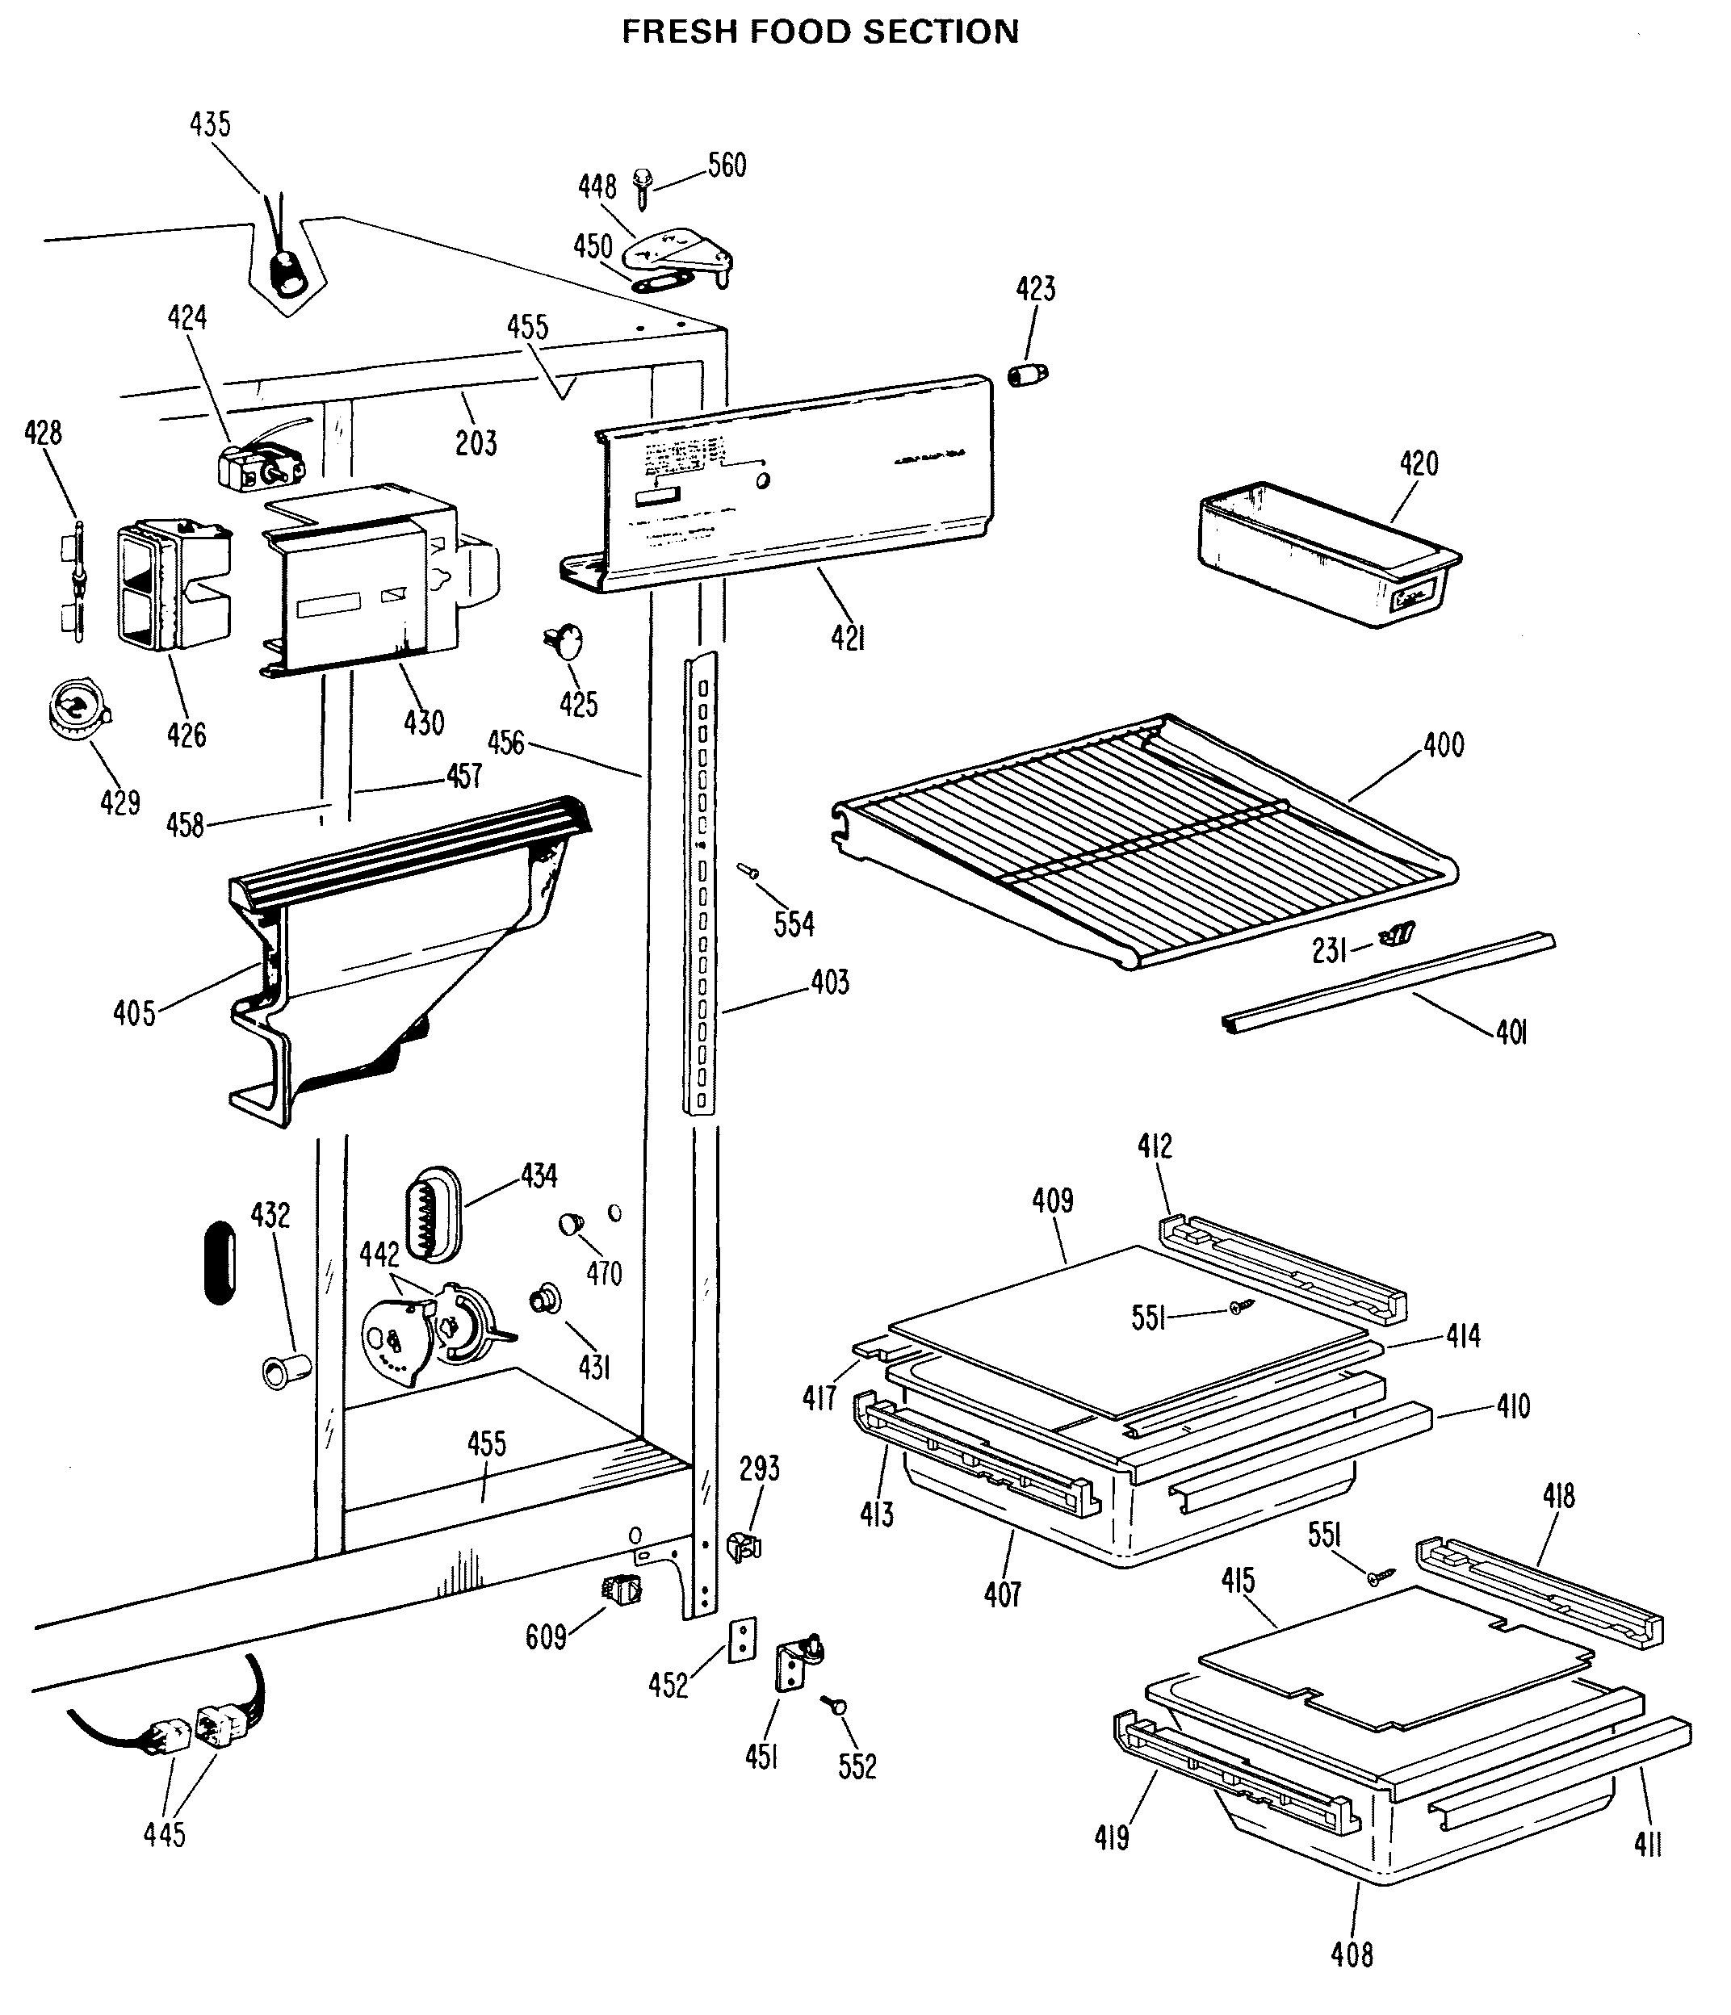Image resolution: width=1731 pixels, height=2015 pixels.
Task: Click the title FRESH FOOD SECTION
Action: (x=819, y=33)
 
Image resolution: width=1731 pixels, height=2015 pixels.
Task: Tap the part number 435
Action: (x=210, y=124)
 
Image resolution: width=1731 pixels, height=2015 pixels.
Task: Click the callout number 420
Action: (x=1419, y=464)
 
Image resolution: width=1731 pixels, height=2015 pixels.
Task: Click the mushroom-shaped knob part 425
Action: (x=565, y=641)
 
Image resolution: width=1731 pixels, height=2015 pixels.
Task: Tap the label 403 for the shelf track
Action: (x=829, y=982)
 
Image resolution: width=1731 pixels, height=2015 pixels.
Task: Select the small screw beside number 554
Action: (x=748, y=870)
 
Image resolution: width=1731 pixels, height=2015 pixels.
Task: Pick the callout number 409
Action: (x=1052, y=1201)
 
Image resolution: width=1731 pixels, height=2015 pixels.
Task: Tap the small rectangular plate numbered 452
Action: (x=743, y=1638)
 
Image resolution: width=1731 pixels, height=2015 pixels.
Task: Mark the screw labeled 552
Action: (x=834, y=1705)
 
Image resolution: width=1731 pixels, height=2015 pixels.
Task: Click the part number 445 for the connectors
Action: (x=165, y=1834)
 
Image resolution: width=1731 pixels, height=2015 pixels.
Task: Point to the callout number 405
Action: (x=134, y=1013)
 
